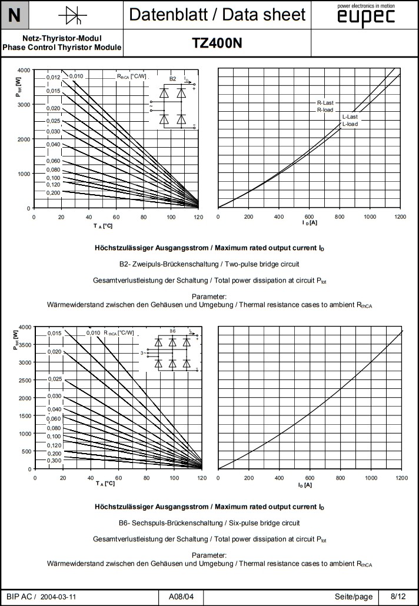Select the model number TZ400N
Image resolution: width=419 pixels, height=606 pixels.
[x=217, y=43]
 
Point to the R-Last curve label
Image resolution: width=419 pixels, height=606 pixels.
[x=325, y=102]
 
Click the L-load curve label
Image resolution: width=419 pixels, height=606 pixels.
[x=350, y=124]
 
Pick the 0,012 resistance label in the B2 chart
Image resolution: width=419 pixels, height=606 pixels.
[x=54, y=78]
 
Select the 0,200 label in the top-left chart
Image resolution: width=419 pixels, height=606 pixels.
[x=54, y=192]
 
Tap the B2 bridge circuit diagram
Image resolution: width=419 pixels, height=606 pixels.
[x=172, y=102]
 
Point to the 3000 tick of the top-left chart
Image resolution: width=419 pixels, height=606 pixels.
[x=23, y=104]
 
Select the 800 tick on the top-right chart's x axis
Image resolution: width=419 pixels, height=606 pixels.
[x=340, y=217]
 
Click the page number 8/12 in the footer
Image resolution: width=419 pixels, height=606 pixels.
[x=398, y=597]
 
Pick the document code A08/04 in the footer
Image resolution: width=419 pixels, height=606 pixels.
[x=181, y=597]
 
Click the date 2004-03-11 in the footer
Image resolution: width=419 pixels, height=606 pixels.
[x=59, y=597]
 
